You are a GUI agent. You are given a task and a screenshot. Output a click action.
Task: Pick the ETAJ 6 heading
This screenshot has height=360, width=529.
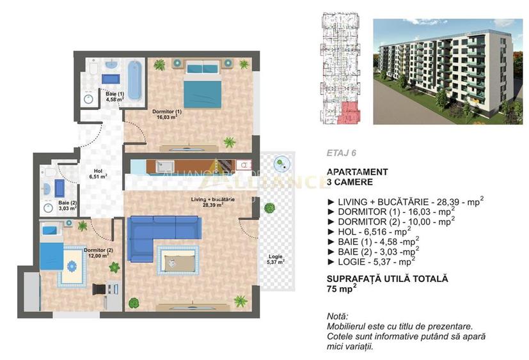click(x=340, y=153)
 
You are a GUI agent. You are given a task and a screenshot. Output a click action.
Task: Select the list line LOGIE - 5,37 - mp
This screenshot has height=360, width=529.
click(x=371, y=261)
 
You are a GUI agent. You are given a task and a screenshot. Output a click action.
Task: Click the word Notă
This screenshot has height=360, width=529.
click(x=338, y=317)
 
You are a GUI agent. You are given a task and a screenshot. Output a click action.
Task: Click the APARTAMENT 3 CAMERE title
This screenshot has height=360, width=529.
click(x=357, y=176)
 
